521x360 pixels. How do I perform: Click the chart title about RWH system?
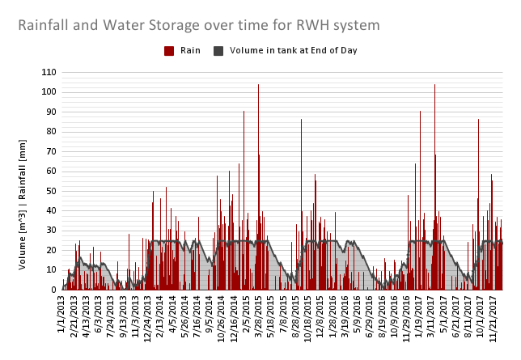(199, 26)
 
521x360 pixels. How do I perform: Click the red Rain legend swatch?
(169, 51)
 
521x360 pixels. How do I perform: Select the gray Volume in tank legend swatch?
(218, 51)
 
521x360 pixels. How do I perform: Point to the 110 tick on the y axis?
(49, 72)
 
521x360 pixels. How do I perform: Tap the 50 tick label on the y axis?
(51, 191)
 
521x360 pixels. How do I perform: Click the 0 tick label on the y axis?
(53, 290)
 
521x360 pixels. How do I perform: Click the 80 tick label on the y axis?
(51, 131)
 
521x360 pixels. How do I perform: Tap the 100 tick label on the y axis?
(49, 91)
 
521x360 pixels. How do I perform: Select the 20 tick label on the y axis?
(51, 250)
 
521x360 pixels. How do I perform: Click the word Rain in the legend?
(190, 51)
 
